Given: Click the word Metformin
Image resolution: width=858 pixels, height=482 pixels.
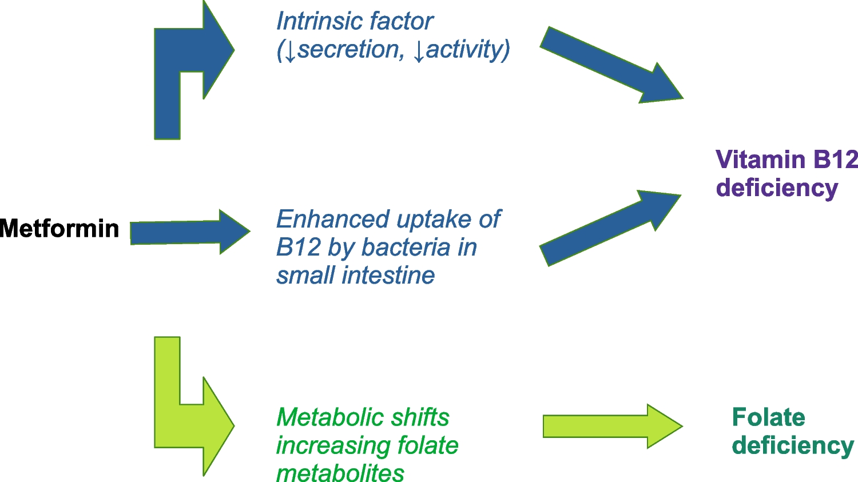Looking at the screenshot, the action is click(x=59, y=229).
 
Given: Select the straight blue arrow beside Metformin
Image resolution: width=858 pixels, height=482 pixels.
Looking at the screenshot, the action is click(x=190, y=232).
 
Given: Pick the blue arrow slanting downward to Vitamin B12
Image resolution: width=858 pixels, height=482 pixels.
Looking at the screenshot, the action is click(x=611, y=65).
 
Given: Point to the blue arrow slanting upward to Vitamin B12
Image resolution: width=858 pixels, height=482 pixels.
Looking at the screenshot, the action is click(x=610, y=228).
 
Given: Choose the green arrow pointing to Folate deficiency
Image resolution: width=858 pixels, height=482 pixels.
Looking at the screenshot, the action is click(x=613, y=426).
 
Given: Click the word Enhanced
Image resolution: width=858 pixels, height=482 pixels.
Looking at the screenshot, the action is click(x=333, y=219).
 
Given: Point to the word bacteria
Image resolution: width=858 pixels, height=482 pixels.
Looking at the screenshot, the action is click(x=406, y=248).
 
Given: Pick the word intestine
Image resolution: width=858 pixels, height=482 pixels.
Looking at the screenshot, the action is click(x=388, y=276).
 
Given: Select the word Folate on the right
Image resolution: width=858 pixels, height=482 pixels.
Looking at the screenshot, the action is click(x=768, y=417).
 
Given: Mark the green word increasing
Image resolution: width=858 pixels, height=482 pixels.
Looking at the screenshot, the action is click(x=333, y=445).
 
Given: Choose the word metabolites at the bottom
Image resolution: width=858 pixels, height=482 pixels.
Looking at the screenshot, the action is click(x=340, y=473).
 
